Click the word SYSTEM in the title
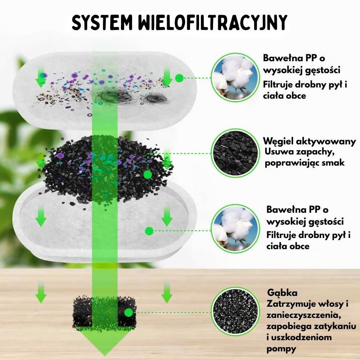102,22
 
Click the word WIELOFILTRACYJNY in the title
213,22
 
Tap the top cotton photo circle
235,78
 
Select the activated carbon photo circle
235,153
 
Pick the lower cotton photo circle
235,229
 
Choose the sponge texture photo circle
235,311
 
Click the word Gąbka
279,293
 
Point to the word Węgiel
278,141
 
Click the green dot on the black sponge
129,312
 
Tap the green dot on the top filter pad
179,78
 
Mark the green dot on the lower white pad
149,231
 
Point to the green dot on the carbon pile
148,175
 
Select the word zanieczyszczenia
303,315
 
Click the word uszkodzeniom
301,338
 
